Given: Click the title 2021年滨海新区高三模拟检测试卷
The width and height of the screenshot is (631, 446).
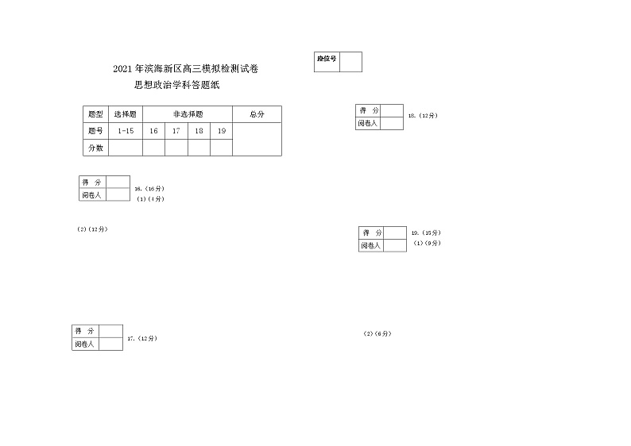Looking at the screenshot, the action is coord(185,71).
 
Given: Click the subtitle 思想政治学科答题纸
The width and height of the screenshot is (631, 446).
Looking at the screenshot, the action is coord(177,87).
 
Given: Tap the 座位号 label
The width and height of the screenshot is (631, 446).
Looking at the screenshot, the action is coord(327,58).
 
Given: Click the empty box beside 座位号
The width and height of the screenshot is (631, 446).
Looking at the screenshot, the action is coord(350,62).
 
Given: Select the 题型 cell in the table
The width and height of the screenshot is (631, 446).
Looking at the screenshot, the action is coord(95,114).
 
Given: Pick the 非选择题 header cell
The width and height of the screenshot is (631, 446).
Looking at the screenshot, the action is coord(187,114).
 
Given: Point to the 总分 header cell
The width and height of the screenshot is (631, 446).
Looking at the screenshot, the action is coord(257,114).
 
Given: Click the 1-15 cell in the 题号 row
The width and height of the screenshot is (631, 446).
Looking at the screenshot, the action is coord(125,131).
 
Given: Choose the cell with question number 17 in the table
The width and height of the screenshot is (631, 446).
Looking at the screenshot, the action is coord(176,131).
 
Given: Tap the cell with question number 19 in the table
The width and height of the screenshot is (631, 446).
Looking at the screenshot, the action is coord(222,131).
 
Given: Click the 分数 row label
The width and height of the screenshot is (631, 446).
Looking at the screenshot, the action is coord(95,148).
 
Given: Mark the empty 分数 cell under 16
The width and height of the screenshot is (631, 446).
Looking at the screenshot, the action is coord(153,148).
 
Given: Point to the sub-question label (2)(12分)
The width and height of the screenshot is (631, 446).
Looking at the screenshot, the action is coord(92,229).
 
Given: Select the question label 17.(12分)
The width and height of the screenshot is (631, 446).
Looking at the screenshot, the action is coord(142,339).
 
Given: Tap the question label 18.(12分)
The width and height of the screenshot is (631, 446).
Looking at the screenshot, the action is coord(422,116).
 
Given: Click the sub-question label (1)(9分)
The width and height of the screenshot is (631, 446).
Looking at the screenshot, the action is coord(427,243).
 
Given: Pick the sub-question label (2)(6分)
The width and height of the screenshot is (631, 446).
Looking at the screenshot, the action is coord(377,334).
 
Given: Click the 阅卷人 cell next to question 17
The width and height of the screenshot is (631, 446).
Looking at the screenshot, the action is coord(85,344).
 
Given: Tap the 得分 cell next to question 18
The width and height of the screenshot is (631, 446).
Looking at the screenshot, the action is coord(368,110).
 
